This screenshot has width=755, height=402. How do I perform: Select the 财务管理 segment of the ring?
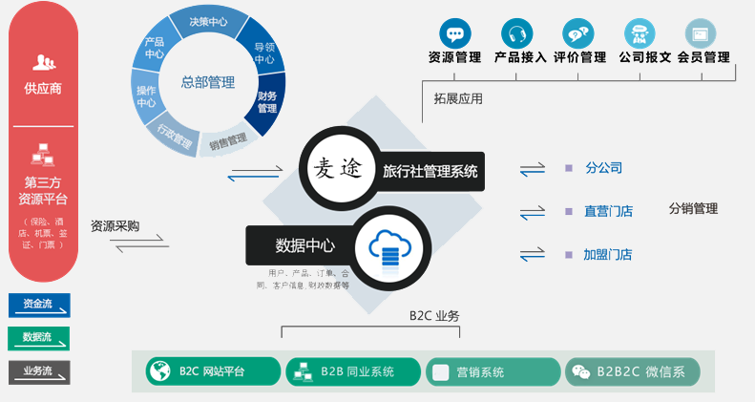point(267,101)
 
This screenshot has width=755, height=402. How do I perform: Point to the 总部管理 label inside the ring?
point(208,82)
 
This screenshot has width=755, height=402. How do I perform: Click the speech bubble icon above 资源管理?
point(454,33)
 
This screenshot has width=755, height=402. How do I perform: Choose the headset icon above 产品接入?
point(517,33)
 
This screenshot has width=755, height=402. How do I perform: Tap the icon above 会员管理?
point(703,33)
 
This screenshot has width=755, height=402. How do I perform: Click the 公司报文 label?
point(644,57)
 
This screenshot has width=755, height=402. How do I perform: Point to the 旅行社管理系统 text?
point(430,172)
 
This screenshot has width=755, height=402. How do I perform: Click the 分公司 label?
point(603,168)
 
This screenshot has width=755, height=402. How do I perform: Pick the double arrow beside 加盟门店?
point(532,255)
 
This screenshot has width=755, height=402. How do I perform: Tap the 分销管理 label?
point(693,208)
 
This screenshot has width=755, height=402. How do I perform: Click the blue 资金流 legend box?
point(39,305)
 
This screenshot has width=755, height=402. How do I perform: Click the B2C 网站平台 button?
point(213,371)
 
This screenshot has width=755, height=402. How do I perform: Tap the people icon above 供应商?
point(43,63)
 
